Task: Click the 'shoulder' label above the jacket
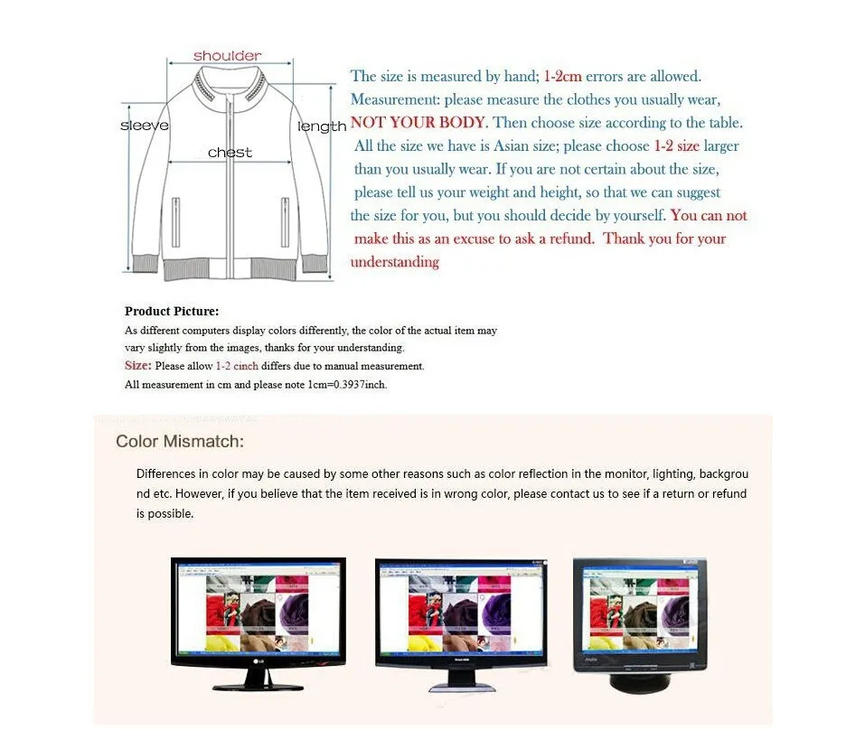click(x=227, y=56)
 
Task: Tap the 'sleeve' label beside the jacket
click(x=145, y=126)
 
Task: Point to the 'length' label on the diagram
click(x=322, y=126)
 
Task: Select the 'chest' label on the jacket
click(x=230, y=153)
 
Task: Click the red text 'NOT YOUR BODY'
click(x=418, y=123)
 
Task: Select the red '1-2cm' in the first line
click(x=562, y=77)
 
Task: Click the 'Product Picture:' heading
click(x=172, y=312)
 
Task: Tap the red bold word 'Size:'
click(x=137, y=366)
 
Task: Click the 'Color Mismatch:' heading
click(x=180, y=442)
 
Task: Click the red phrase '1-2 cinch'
click(x=237, y=367)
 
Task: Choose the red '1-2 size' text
click(x=676, y=146)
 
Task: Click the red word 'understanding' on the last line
click(x=394, y=262)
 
